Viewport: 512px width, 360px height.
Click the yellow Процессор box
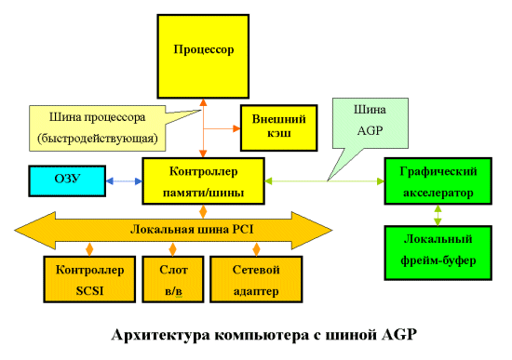pos(202,47)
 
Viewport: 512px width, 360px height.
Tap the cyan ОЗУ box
pos(68,180)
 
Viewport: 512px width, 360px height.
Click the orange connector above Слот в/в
pos(171,249)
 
